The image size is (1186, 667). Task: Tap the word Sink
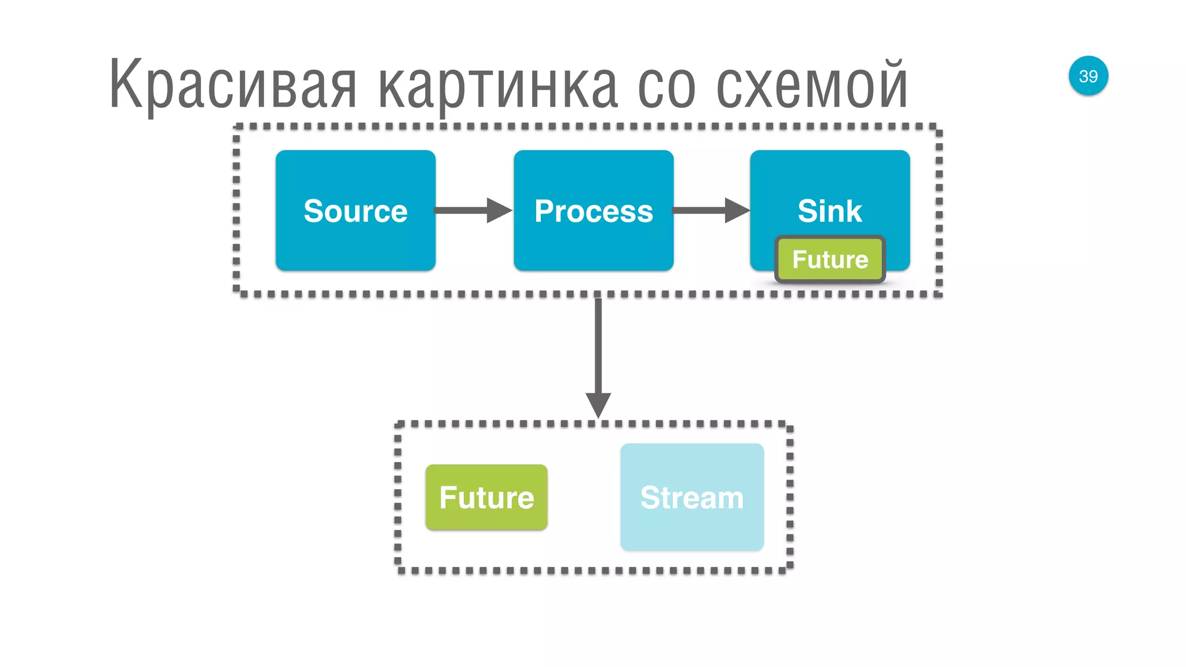pos(829,211)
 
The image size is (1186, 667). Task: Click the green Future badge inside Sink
pos(830,259)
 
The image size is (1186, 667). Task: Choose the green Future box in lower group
pos(486,497)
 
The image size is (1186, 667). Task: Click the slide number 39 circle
pos(1088,76)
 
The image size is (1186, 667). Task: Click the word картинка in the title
pos(498,87)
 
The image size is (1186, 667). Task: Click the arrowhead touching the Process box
pos(499,210)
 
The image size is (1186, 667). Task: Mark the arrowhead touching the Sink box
pos(737,210)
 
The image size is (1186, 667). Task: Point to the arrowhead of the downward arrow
pos(598,404)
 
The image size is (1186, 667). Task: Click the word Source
pos(355,211)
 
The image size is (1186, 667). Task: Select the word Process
pos(594,211)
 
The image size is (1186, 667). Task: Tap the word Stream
pos(692,498)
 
